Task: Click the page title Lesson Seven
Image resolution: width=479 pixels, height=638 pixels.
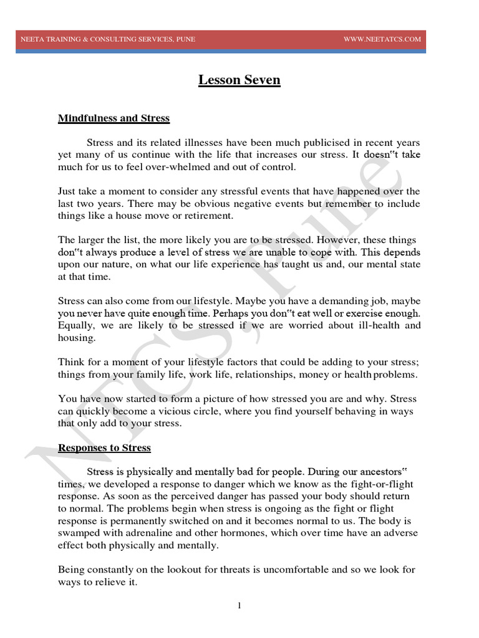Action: click(239, 80)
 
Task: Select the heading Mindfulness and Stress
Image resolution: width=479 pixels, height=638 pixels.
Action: click(114, 118)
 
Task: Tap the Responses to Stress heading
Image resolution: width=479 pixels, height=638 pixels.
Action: click(104, 448)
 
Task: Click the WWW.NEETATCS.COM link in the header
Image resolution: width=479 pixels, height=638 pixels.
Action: click(382, 39)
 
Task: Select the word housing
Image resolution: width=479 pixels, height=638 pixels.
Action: click(77, 338)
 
